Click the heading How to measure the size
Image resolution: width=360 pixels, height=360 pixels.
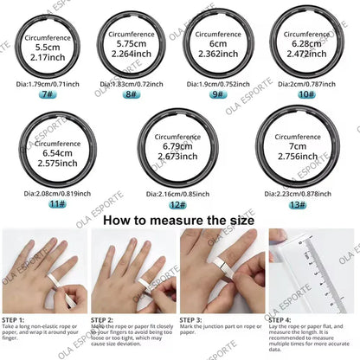179,220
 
